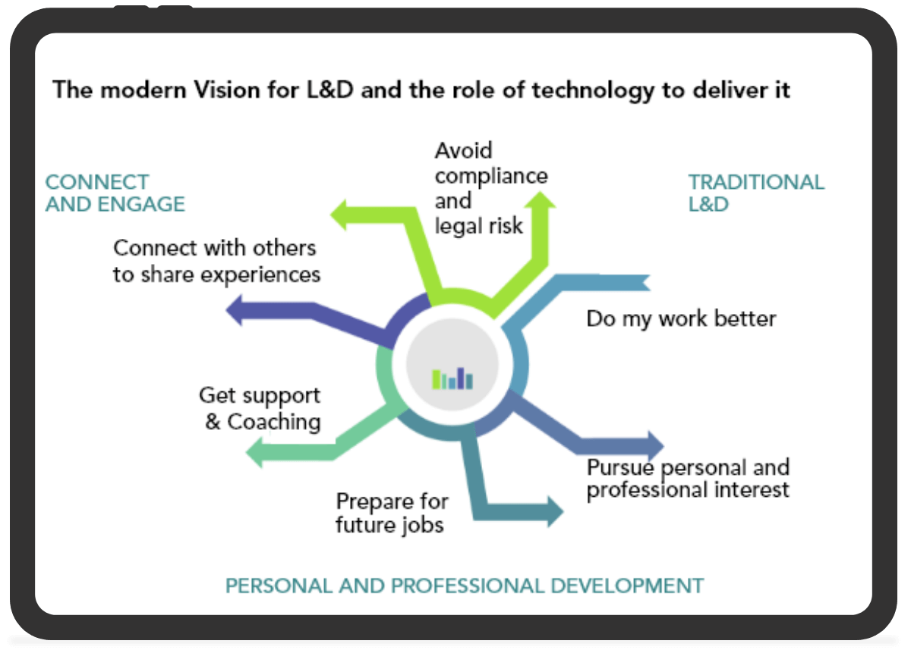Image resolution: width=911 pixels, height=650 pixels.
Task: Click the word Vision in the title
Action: (227, 89)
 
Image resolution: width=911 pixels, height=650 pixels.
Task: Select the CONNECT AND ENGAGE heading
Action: (115, 193)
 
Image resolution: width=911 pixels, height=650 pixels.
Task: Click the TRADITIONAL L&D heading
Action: (756, 193)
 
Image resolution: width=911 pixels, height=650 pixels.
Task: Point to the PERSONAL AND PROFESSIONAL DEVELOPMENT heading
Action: (465, 586)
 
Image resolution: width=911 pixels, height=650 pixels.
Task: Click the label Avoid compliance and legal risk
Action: (491, 188)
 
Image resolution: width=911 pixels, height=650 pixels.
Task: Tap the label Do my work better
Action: (681, 319)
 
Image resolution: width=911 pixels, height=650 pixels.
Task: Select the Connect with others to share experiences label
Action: (217, 262)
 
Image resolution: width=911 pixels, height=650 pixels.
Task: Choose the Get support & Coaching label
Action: (260, 409)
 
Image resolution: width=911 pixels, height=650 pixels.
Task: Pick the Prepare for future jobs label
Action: (392, 513)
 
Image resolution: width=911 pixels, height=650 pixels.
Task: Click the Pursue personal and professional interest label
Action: (688, 479)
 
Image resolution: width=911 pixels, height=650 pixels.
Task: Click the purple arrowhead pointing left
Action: (235, 310)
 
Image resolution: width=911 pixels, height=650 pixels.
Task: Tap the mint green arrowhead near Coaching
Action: (255, 452)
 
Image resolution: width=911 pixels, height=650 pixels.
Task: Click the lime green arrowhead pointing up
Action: (540, 200)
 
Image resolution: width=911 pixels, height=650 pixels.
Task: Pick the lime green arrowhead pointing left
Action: (339, 215)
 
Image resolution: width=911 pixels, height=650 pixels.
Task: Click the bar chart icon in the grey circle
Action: (452, 378)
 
